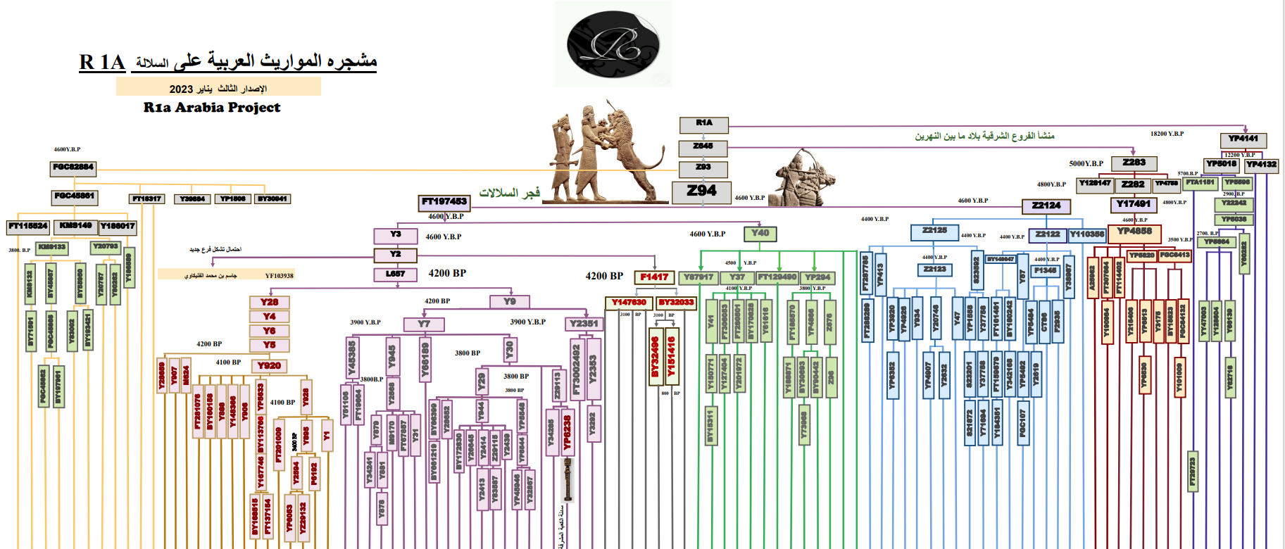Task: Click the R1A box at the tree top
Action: pyautogui.click(x=703, y=125)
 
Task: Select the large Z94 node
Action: pyautogui.click(x=701, y=191)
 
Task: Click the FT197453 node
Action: pyautogui.click(x=444, y=203)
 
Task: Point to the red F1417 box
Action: pyautogui.click(x=654, y=277)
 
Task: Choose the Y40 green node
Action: pyautogui.click(x=760, y=234)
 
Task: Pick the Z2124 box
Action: pyautogui.click(x=1046, y=206)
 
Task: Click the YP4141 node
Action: pyautogui.click(x=1243, y=139)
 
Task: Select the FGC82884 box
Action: pyautogui.click(x=73, y=168)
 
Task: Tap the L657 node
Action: pyautogui.click(x=395, y=274)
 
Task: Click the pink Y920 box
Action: pyautogui.click(x=269, y=366)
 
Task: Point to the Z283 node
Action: pyautogui.click(x=1134, y=163)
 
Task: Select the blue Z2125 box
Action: pyautogui.click(x=934, y=231)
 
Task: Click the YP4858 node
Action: pyautogui.click(x=1134, y=232)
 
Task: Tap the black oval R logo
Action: pyautogui.click(x=613, y=44)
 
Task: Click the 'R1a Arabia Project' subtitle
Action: pyautogui.click(x=212, y=108)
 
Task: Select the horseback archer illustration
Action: pyautogui.click(x=804, y=179)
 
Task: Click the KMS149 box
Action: pyautogui.click(x=75, y=227)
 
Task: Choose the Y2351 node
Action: pyautogui.click(x=584, y=324)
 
